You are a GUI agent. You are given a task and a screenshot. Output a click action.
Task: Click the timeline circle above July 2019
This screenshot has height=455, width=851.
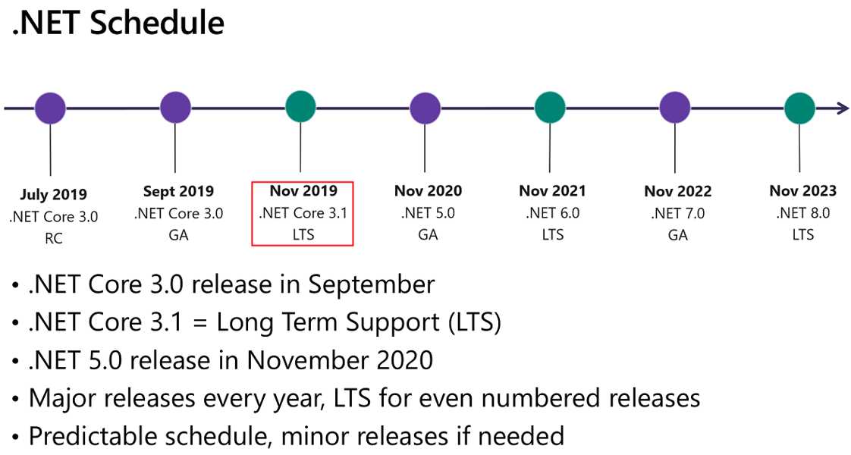(x=51, y=108)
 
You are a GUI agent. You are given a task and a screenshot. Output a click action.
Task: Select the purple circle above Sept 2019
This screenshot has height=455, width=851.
(x=175, y=108)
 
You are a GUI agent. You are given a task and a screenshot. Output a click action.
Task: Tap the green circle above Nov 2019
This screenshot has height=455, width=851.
(x=300, y=107)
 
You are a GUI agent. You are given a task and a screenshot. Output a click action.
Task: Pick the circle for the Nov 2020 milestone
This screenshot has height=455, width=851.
(x=425, y=108)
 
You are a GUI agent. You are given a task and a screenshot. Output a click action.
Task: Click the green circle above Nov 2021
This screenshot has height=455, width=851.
(x=550, y=108)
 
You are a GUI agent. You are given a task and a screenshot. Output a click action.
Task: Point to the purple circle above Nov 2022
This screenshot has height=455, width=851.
(x=674, y=108)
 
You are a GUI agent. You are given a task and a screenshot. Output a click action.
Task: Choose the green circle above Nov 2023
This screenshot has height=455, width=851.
(x=799, y=108)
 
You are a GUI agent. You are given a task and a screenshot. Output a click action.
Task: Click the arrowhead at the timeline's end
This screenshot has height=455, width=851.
(x=843, y=108)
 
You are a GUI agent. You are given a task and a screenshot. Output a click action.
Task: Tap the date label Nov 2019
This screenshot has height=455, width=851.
(x=303, y=190)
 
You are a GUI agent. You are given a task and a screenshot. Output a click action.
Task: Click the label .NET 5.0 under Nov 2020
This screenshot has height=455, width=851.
(x=428, y=213)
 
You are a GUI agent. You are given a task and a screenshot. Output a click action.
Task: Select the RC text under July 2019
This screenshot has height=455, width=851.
(x=54, y=238)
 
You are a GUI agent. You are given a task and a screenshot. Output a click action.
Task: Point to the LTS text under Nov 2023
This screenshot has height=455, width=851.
(x=802, y=234)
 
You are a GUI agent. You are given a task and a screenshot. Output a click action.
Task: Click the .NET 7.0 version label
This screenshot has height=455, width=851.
(x=677, y=213)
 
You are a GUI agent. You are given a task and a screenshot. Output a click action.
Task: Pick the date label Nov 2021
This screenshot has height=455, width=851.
(x=552, y=191)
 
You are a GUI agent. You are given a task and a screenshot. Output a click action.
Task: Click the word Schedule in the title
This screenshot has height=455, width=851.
(x=157, y=23)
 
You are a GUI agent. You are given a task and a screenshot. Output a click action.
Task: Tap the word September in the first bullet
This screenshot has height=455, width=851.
(x=372, y=284)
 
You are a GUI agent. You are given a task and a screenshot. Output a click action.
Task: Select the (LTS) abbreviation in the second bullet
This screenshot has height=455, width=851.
(x=474, y=323)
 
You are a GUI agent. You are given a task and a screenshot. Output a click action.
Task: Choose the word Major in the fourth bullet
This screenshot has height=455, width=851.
(x=62, y=399)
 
